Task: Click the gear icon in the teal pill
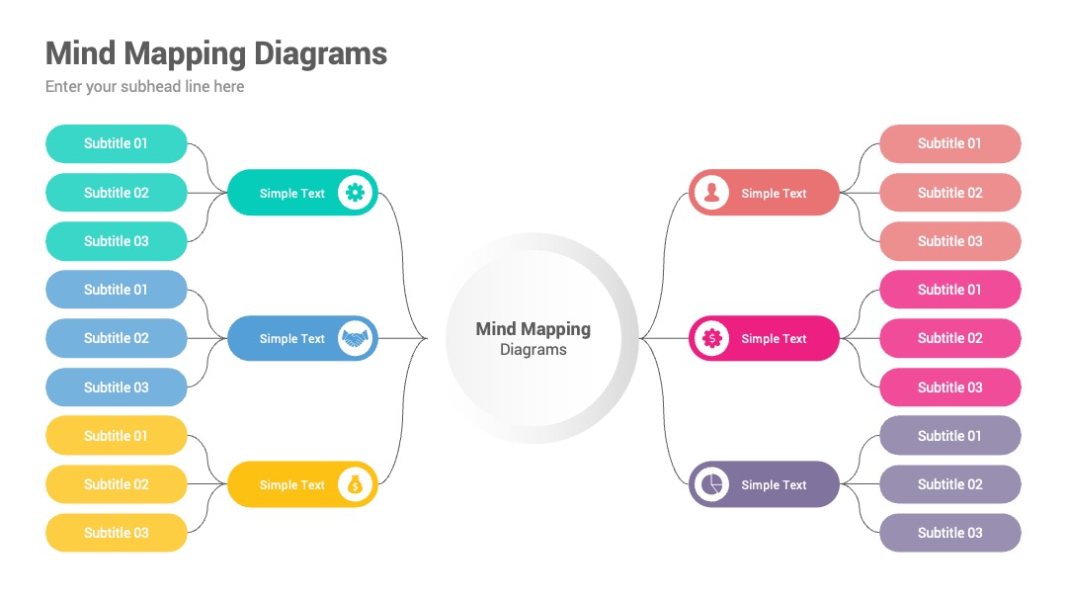pyautogui.click(x=355, y=193)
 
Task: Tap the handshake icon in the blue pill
pyautogui.click(x=355, y=338)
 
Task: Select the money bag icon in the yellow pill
pyautogui.click(x=355, y=484)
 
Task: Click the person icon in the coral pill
pyautogui.click(x=711, y=193)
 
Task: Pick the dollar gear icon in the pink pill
pyautogui.click(x=711, y=338)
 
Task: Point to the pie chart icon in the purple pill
pyautogui.click(x=711, y=484)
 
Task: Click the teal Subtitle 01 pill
pyautogui.click(x=117, y=143)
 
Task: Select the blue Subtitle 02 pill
pyautogui.click(x=117, y=338)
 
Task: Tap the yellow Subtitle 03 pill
pyautogui.click(x=117, y=533)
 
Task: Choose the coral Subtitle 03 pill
pyautogui.click(x=950, y=241)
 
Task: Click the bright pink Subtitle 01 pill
pyautogui.click(x=950, y=290)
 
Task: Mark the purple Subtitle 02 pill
pyautogui.click(x=950, y=484)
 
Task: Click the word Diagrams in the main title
pyautogui.click(x=320, y=53)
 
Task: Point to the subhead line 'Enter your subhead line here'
pyautogui.click(x=145, y=86)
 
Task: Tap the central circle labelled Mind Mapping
pyautogui.click(x=533, y=338)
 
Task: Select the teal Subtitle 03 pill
pyautogui.click(x=117, y=241)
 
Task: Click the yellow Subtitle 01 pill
pyautogui.click(x=117, y=436)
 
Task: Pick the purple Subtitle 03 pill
pyautogui.click(x=950, y=533)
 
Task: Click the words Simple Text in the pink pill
pyautogui.click(x=774, y=338)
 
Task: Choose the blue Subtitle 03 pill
pyautogui.click(x=117, y=387)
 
